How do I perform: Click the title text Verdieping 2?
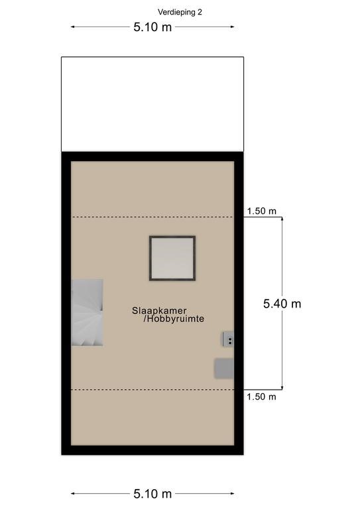[180, 13]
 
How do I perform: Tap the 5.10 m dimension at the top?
[152, 27]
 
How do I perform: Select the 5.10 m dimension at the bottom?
[152, 494]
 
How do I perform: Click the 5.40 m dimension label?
[282, 304]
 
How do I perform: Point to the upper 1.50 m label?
[261, 211]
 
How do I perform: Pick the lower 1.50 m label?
[261, 397]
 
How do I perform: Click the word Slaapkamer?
[159, 311]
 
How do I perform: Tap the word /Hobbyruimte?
[174, 319]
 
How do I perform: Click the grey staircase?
[87, 312]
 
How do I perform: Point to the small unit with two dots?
[228, 339]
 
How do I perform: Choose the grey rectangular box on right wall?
[224, 368]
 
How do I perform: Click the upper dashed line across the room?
[152, 217]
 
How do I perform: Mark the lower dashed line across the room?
[152, 390]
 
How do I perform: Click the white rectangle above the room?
[152, 104]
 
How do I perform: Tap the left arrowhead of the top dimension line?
[72, 27]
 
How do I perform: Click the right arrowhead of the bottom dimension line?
[233, 494]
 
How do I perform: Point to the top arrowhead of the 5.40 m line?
[282, 219]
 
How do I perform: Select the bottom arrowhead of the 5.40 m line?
[282, 388]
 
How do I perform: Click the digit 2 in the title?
[200, 13]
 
